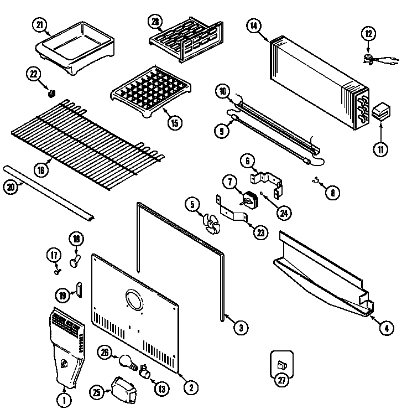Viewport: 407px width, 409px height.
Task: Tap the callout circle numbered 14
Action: point(254,25)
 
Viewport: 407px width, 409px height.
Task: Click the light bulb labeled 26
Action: point(126,361)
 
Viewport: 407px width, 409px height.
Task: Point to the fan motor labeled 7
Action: point(251,199)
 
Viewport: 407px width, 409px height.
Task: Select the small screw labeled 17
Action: point(56,271)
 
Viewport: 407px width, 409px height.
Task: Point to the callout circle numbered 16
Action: point(41,170)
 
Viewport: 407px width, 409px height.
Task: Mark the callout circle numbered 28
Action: point(155,22)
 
